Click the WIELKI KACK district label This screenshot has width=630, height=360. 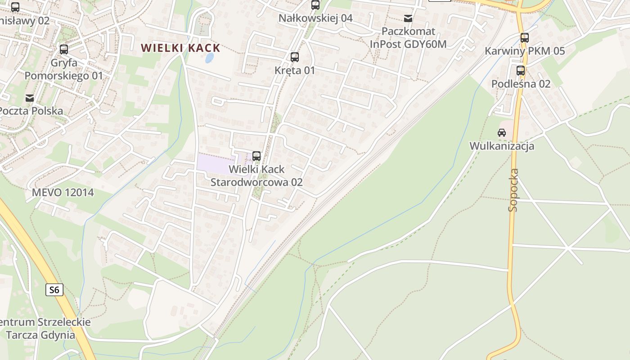point(180,48)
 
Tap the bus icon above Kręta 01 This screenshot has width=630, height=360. point(295,57)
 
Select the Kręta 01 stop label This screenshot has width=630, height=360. point(295,71)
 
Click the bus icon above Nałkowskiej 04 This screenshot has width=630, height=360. point(315,5)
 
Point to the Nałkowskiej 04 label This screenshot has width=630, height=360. point(315,18)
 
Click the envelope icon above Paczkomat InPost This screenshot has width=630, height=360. point(408,18)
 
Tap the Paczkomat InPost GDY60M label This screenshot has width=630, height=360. point(408,38)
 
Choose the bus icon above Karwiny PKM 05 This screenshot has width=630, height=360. point(524,38)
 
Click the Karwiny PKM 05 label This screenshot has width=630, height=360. point(524,51)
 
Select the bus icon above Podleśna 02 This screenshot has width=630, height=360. point(521,70)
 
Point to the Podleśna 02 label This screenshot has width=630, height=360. point(521,84)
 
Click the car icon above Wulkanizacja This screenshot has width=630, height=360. point(501,132)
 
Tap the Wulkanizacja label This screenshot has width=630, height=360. point(502,146)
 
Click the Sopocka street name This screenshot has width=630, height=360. point(513,190)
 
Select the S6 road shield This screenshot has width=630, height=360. point(54,290)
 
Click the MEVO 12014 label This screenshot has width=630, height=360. point(63,193)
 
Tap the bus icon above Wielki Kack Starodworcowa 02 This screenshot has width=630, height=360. point(256,156)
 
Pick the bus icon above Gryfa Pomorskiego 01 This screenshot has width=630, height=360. point(64,49)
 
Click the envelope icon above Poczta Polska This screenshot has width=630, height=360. point(30,98)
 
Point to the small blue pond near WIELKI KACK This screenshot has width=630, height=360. point(209,58)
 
